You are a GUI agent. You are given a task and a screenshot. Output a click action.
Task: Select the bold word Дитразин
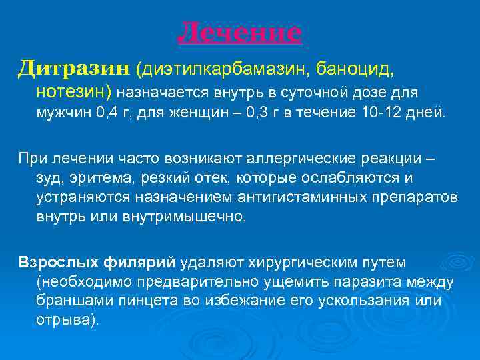[x=74, y=67]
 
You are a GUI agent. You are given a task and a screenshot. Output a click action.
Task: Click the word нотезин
[x=74, y=91]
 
